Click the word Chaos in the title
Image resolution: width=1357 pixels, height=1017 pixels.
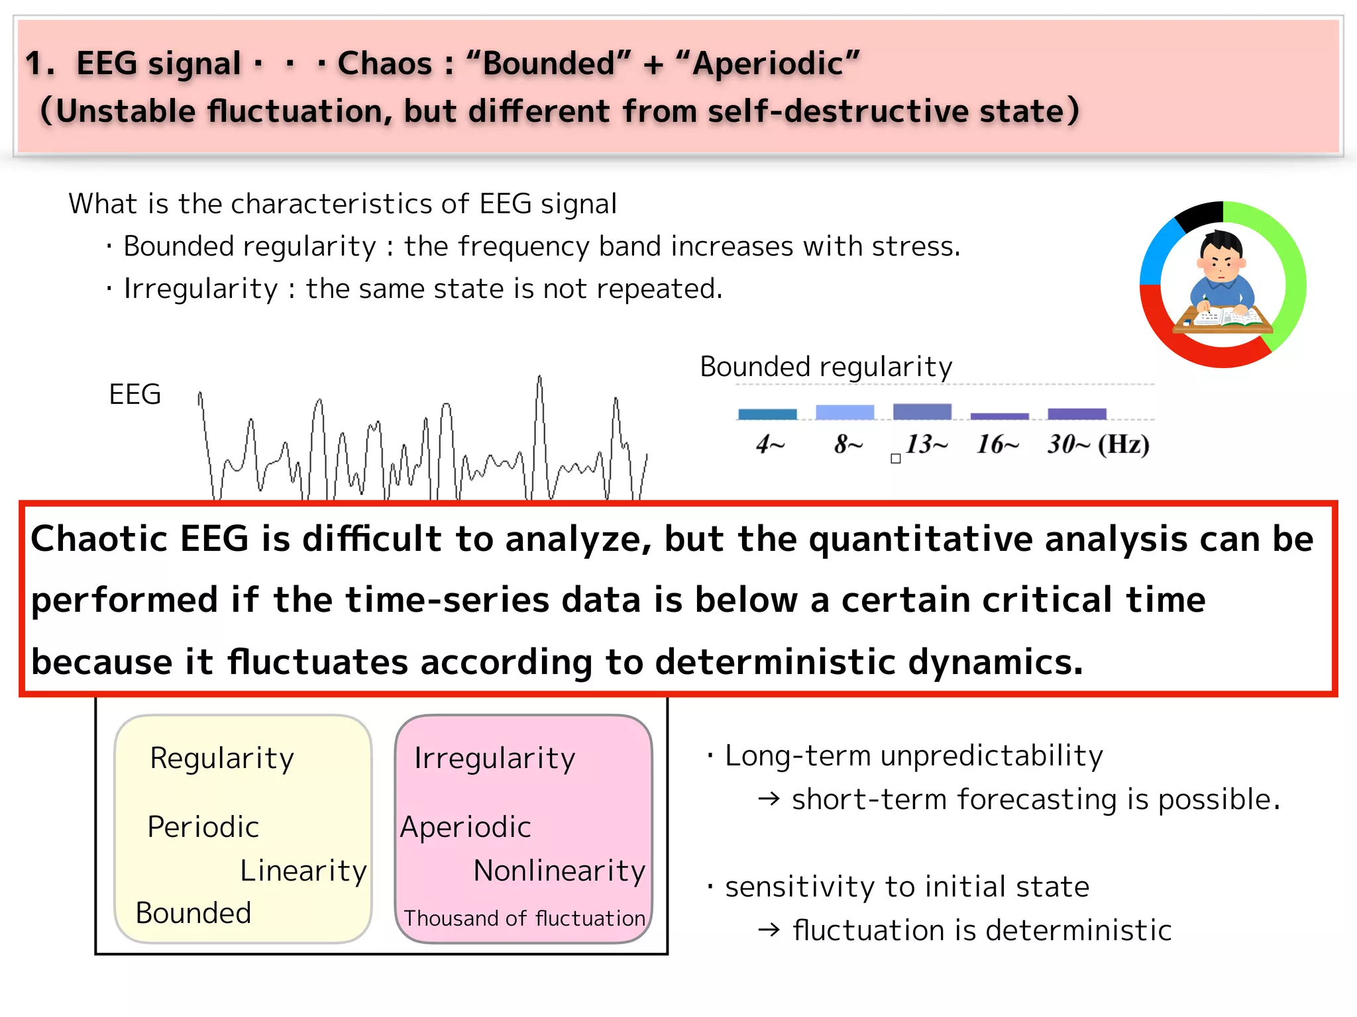[x=384, y=64]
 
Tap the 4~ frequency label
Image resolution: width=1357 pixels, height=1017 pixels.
[x=770, y=444]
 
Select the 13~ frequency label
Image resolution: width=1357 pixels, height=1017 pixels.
[x=926, y=444]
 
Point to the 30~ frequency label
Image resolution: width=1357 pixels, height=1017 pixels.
[x=1068, y=444]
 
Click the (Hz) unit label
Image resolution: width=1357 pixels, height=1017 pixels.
[x=1124, y=444]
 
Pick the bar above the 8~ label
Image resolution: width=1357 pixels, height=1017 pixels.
[x=845, y=412]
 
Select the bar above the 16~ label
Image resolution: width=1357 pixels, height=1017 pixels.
[x=999, y=416]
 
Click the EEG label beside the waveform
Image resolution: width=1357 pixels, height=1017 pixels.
[x=135, y=395]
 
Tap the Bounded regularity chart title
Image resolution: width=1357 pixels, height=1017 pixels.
[x=826, y=366]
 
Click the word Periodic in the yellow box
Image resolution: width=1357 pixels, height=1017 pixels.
[x=203, y=827]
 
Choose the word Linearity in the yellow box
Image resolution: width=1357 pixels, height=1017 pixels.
[x=303, y=871]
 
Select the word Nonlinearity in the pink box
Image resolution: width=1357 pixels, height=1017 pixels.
[x=559, y=871]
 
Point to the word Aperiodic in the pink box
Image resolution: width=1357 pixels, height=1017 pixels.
[x=465, y=827]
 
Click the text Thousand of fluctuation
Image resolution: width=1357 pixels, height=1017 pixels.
[x=524, y=918]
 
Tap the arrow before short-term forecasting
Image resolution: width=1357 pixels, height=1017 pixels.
[x=769, y=800]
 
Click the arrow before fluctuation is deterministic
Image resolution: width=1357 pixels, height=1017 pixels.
[x=769, y=930]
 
